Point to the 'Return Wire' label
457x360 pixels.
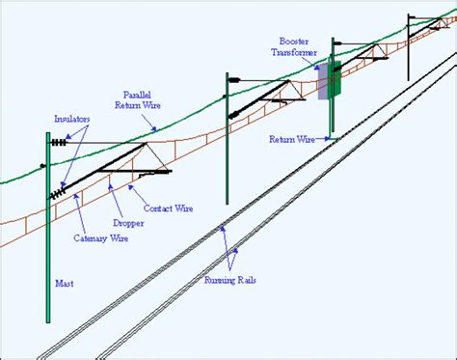coord(293,139)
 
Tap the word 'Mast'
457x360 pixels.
coord(66,284)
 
